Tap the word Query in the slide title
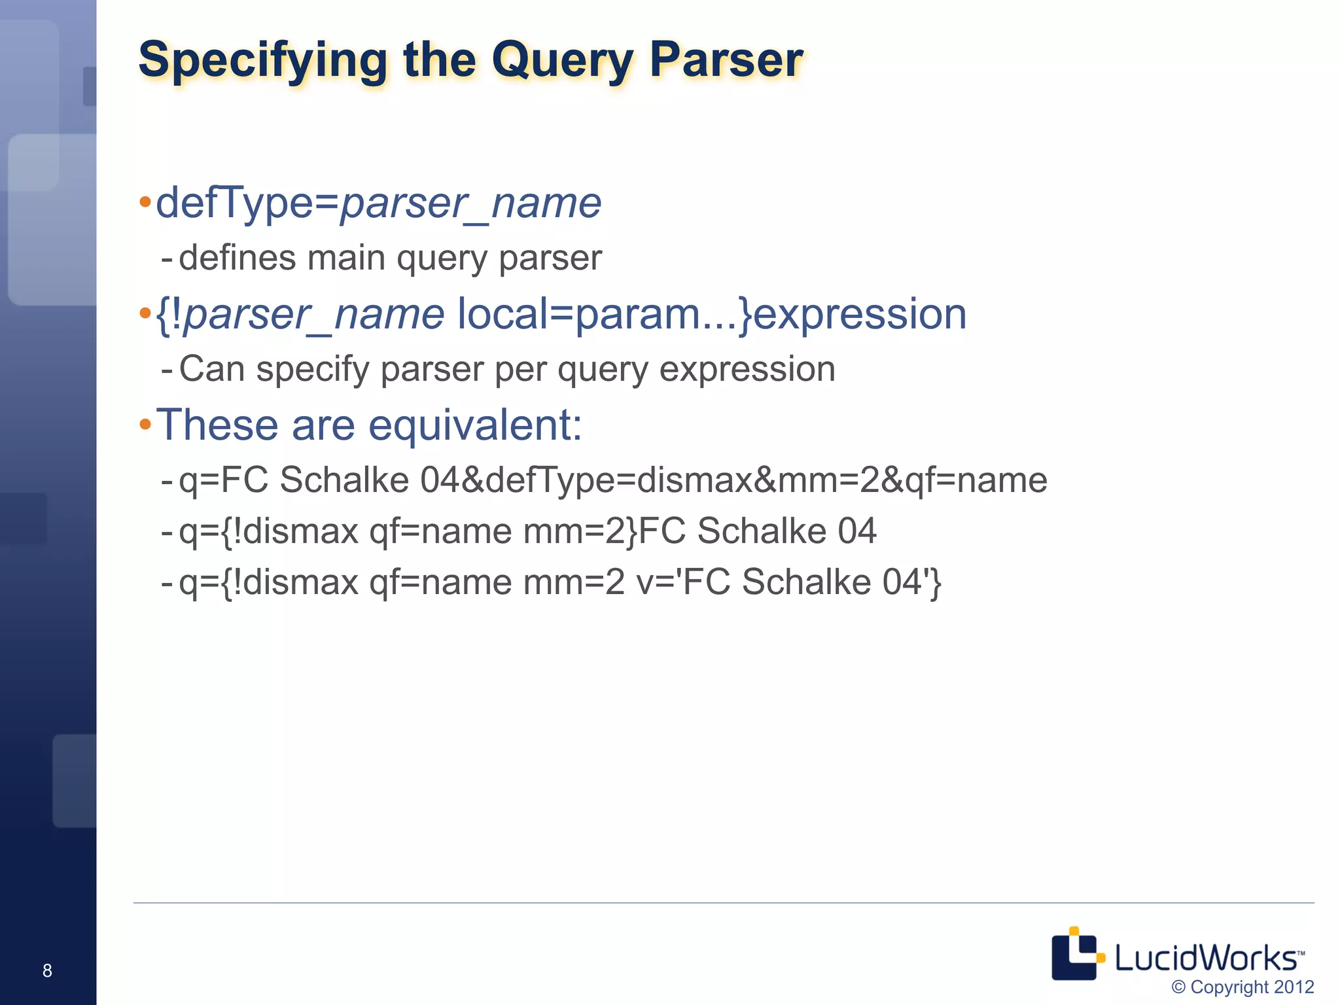562,60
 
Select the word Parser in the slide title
726,60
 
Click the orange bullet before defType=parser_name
145,202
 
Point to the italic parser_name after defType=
470,203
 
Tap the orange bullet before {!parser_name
145,313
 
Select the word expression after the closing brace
860,314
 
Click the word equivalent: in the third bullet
475,425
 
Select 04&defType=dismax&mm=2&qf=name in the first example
733,480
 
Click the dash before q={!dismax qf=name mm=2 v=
167,582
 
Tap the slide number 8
47,970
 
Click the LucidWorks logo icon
1077,954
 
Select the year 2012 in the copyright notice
1294,987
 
